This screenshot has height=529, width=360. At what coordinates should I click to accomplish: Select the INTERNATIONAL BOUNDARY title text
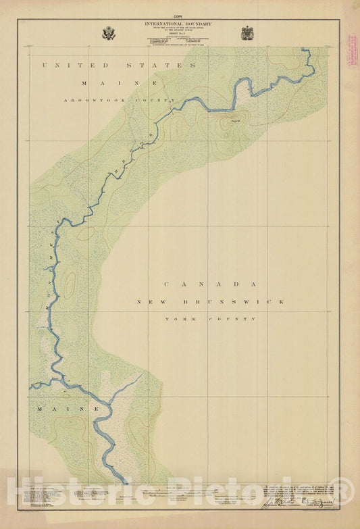point(178,24)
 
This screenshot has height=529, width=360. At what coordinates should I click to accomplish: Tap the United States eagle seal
point(108,33)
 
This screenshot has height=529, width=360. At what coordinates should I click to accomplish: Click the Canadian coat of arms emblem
point(247,33)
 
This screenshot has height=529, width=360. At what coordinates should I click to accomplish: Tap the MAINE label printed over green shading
point(68,409)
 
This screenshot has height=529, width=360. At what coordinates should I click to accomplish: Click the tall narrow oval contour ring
point(70,286)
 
